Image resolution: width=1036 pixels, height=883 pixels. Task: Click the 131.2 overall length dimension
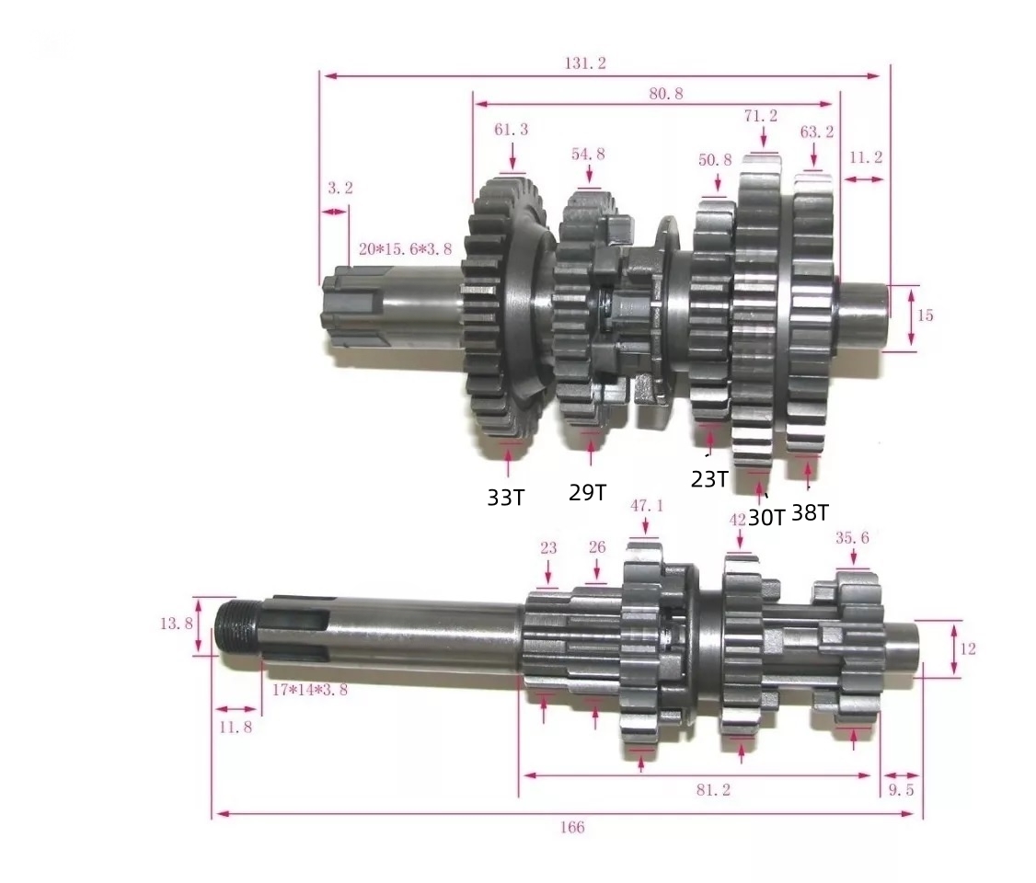[585, 63]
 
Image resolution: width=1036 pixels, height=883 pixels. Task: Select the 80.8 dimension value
[666, 93]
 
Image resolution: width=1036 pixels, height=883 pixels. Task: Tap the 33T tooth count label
[506, 498]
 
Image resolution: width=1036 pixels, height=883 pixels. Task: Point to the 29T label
[587, 492]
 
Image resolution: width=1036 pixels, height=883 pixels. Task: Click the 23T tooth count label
[709, 479]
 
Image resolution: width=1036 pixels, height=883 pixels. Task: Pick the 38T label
[810, 512]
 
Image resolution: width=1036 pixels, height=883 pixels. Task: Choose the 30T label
[766, 517]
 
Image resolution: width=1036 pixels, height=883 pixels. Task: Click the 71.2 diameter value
[761, 116]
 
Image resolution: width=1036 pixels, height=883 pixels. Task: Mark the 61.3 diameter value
[512, 130]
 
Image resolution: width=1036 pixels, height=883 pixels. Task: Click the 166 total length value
[571, 827]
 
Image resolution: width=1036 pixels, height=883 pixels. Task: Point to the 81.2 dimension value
[708, 789]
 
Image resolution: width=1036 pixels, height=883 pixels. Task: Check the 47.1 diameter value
[646, 505]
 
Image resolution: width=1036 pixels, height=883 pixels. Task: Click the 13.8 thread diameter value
[177, 623]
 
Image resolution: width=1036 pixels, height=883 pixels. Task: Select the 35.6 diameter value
[852, 537]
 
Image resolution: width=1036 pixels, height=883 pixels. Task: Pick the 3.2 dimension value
[340, 188]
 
